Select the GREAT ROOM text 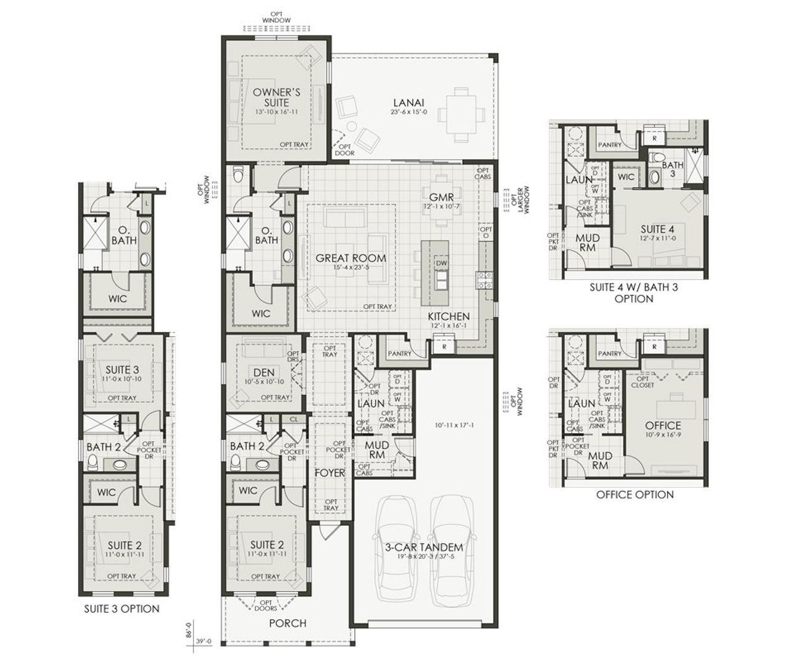pos(351,258)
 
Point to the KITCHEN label pos(449,316)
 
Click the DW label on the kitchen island pos(440,263)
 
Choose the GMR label pos(442,197)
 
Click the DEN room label pos(263,372)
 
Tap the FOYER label pos(330,473)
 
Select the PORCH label pos(287,623)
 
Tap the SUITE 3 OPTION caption pos(122,609)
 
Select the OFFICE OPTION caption pos(634,494)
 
